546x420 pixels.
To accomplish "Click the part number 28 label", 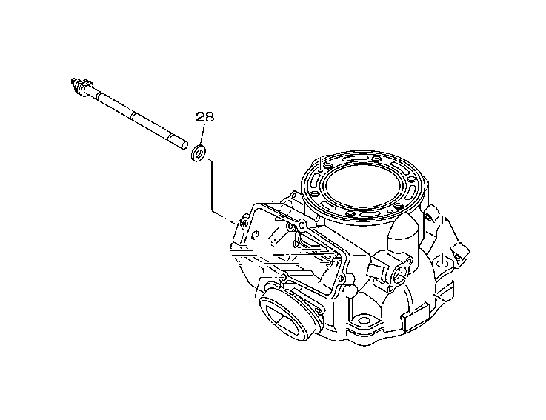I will tap(204, 117).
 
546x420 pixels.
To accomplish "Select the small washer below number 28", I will tap(199, 154).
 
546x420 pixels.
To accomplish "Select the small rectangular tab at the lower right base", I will tap(407, 319).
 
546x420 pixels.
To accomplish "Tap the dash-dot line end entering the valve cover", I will tap(236, 220).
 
